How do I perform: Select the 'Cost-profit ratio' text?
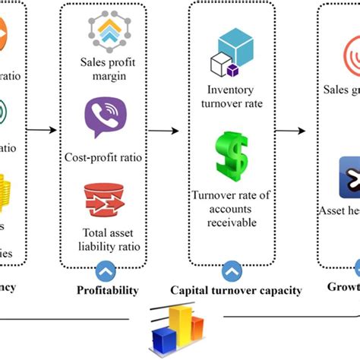pyautogui.click(x=104, y=158)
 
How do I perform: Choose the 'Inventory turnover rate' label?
pyautogui.click(x=230, y=98)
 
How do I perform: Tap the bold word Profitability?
pyautogui.click(x=106, y=290)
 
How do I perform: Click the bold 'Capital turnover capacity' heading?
pyautogui.click(x=235, y=290)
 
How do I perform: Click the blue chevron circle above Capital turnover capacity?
pyautogui.click(x=231, y=270)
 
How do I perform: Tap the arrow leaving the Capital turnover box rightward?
pyautogui.click(x=292, y=130)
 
